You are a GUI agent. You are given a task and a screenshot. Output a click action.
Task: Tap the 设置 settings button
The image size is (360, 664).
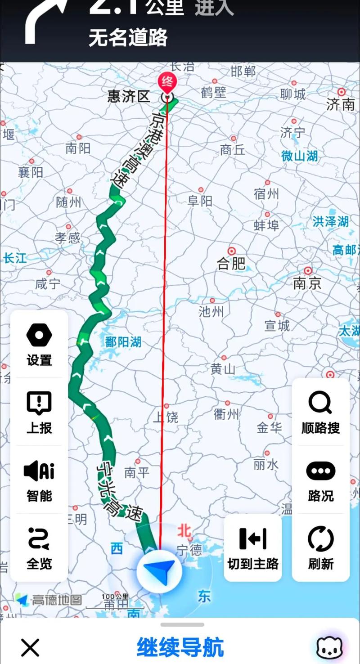39,345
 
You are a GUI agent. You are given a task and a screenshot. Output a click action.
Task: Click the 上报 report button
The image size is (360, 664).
39,412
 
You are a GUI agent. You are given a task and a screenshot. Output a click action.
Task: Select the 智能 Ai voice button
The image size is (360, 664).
39,480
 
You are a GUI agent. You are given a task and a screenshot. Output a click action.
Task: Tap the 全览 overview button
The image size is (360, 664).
39,547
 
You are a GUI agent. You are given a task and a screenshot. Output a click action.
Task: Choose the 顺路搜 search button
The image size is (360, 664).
320,412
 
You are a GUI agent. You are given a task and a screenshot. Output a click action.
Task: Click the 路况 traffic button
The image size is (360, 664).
320,480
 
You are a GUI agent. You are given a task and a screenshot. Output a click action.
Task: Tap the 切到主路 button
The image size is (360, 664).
253,547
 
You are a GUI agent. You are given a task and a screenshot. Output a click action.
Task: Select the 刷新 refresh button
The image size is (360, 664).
320,547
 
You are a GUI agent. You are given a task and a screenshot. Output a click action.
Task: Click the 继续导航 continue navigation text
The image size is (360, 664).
180,647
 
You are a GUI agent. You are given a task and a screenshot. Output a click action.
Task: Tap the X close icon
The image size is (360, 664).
30,648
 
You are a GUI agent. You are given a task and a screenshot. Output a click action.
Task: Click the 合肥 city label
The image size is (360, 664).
231,263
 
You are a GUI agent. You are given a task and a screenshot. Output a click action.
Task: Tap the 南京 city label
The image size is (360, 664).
307,283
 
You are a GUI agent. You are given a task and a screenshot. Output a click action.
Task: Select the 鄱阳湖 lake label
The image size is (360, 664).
123,342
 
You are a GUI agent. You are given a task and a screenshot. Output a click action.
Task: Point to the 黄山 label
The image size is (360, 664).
223,369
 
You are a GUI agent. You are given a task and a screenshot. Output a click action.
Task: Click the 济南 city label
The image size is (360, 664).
341,104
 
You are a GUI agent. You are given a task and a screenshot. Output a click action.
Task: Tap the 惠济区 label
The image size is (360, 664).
129,96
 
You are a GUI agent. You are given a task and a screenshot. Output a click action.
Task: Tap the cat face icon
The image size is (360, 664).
330,647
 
